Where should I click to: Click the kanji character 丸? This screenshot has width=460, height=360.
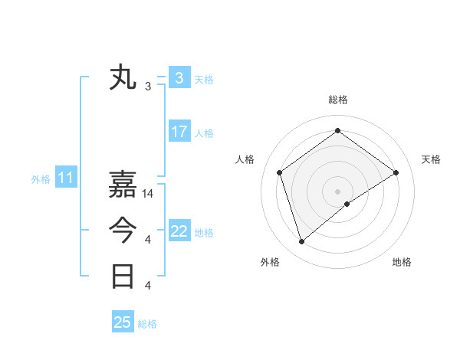pyautogui.click(x=123, y=78)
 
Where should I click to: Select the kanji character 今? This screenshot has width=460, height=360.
pyautogui.click(x=123, y=231)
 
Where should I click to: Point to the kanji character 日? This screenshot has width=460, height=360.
pyautogui.click(x=123, y=276)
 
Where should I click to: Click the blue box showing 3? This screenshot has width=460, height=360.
pyautogui.click(x=179, y=78)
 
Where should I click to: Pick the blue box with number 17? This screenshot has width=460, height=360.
pyautogui.click(x=179, y=132)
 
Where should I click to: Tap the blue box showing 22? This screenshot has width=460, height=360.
pyautogui.click(x=179, y=231)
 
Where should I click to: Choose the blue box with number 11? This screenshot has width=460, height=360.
pyautogui.click(x=65, y=178)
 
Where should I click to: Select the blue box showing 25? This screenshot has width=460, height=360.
pyautogui.click(x=122, y=322)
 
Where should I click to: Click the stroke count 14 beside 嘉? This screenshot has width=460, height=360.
pyautogui.click(x=149, y=194)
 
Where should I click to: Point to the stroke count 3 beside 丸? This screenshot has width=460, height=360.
pyautogui.click(x=148, y=87)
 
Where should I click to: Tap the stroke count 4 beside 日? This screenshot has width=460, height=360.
pyautogui.click(x=148, y=286)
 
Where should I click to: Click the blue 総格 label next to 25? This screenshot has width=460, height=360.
pyautogui.click(x=147, y=324)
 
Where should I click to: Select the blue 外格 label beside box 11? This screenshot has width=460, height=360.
pyautogui.click(x=41, y=179)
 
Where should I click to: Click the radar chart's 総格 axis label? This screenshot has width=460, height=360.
pyautogui.click(x=337, y=100)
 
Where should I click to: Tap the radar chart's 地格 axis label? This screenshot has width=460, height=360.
pyautogui.click(x=402, y=263)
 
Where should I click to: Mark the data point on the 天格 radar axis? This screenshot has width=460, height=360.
pyautogui.click(x=396, y=172)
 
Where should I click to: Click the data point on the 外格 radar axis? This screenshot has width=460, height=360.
pyautogui.click(x=301, y=241)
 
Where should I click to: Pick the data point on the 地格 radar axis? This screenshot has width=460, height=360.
pyautogui.click(x=347, y=204)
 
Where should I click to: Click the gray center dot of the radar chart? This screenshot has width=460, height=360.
pyautogui.click(x=337, y=191)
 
